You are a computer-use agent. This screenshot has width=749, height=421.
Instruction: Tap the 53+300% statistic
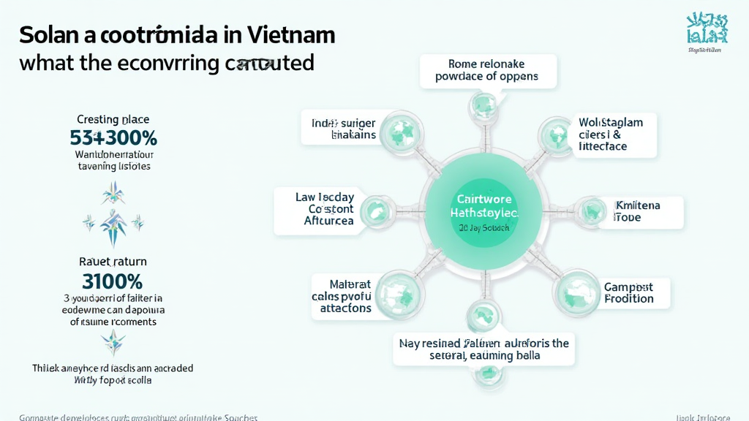point(113,137)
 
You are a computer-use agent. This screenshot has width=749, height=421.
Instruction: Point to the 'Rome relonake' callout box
point(488,70)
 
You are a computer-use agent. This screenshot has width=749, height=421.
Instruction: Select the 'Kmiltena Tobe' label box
point(636,211)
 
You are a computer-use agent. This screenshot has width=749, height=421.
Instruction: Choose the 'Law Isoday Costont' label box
point(315,209)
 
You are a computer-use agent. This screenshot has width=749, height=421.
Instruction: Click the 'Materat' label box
point(345,296)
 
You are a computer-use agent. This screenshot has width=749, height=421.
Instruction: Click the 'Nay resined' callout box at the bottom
point(484,349)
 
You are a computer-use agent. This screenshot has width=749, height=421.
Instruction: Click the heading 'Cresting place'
point(113,118)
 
